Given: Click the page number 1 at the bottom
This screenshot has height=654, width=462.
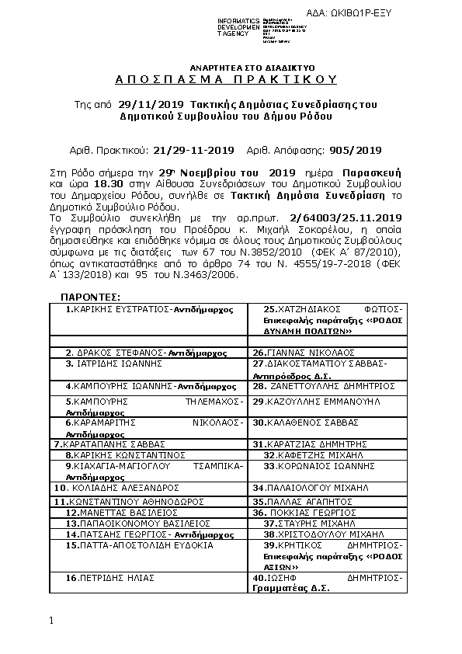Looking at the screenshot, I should coord(51,621).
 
